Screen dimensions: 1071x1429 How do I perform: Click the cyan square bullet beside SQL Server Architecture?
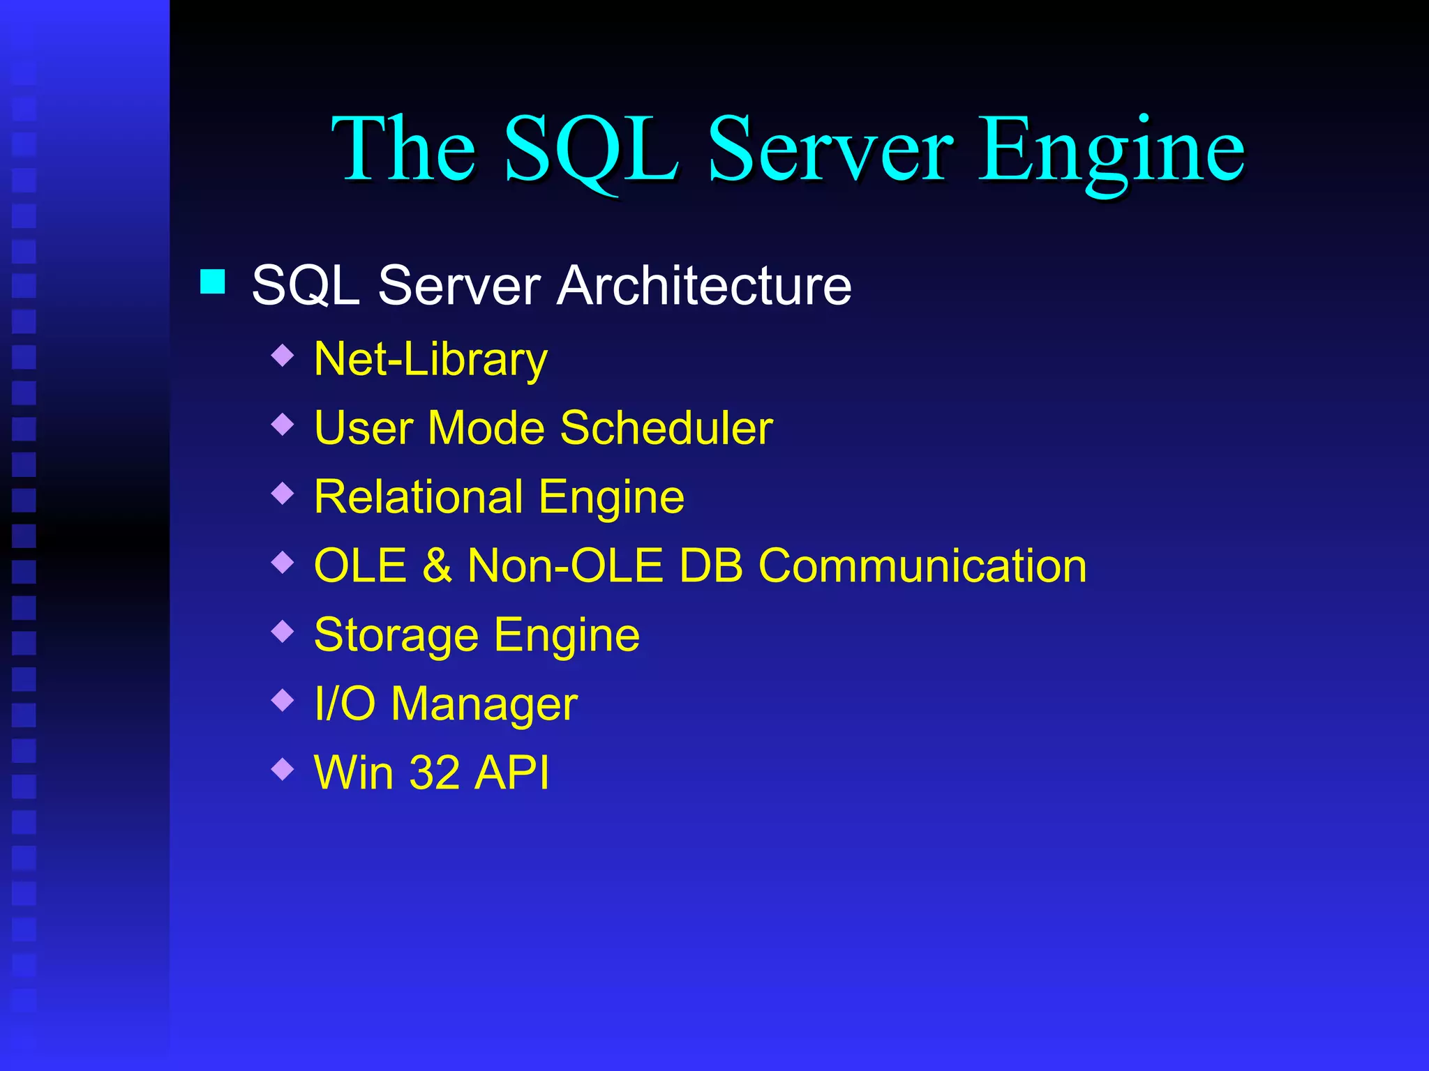212,282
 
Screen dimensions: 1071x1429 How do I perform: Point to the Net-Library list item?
431,360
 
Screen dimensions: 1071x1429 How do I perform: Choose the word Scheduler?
666,427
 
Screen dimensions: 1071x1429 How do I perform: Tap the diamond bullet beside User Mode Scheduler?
283,424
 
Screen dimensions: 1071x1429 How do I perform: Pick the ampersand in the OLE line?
437,565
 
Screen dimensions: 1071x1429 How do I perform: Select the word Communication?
922,565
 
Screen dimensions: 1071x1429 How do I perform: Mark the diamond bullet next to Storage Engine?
283,631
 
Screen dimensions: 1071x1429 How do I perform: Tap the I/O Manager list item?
446,704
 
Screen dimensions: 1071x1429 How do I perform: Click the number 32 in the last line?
434,773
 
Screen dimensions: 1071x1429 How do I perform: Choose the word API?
511,773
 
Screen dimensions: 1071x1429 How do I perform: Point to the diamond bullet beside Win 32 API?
283,769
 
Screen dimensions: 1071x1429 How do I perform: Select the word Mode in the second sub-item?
486,427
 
